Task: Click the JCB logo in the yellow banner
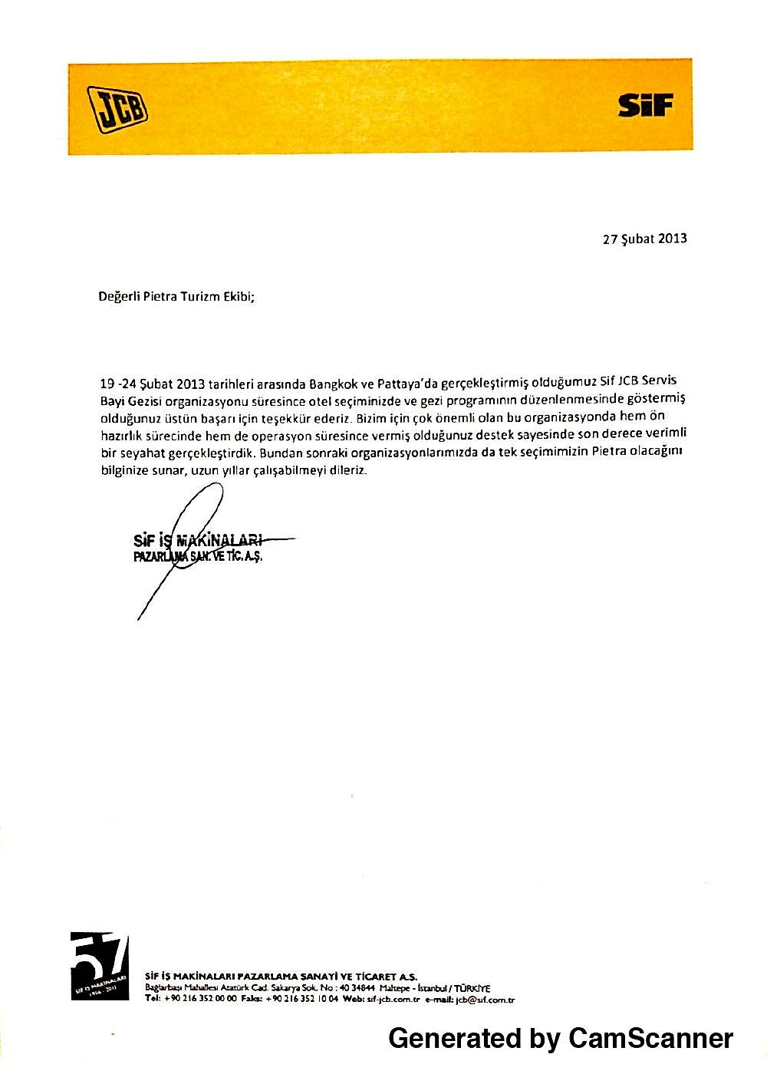(x=117, y=108)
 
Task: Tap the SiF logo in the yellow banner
(x=646, y=106)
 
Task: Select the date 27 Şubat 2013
(x=644, y=238)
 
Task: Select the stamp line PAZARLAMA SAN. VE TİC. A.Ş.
(x=198, y=556)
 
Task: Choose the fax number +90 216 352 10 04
(x=301, y=1000)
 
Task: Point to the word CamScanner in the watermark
(x=650, y=1038)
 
